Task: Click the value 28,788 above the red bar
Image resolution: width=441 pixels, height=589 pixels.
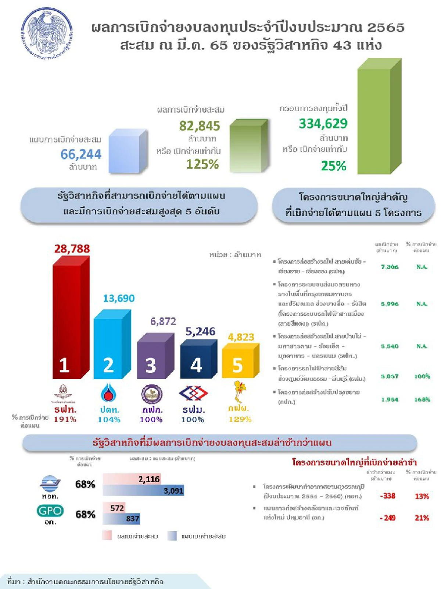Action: point(72,249)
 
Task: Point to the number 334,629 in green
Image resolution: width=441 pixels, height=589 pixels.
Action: point(323,123)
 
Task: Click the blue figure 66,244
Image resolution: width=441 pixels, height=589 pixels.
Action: point(81,154)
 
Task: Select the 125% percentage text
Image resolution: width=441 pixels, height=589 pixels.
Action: point(202,164)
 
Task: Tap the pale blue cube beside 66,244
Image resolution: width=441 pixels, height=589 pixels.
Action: point(127,152)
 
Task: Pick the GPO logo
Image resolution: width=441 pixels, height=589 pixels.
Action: point(50,511)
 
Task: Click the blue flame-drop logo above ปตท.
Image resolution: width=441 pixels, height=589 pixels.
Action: point(108,393)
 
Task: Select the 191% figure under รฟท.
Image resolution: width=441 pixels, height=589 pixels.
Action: point(65,419)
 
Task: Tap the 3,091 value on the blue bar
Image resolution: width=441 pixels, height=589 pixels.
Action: point(173,491)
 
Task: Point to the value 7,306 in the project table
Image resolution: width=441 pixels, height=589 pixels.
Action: point(390,267)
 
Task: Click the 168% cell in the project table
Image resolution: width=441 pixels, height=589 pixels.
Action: point(422,399)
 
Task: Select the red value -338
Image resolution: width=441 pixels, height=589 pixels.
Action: point(388,496)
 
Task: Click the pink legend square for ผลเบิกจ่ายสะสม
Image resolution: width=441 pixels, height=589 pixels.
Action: point(107,536)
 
